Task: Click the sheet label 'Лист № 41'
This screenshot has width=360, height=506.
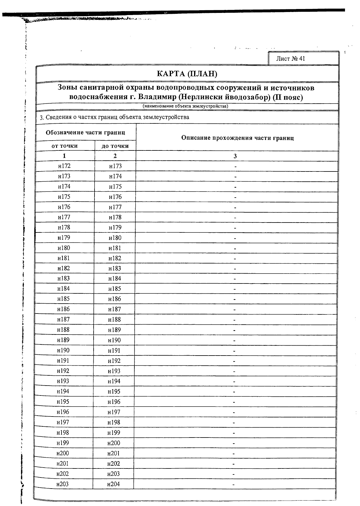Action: (x=290, y=59)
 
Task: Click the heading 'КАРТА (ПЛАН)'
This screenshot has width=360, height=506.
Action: (x=187, y=74)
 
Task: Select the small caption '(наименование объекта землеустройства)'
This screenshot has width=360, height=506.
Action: (x=185, y=106)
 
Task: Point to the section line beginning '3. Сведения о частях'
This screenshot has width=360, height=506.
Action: (x=114, y=117)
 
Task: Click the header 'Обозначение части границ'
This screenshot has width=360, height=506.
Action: (x=85, y=132)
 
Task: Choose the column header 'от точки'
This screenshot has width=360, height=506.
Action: (x=64, y=146)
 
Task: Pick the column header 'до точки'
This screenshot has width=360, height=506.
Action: (x=115, y=146)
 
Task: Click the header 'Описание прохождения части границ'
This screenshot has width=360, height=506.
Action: (x=237, y=138)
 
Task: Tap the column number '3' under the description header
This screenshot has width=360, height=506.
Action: (x=235, y=156)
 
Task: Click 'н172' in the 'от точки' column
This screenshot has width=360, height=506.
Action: (x=64, y=166)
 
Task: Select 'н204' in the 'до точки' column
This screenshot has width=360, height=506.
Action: (x=113, y=484)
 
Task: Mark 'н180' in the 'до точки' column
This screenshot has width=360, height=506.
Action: (x=115, y=238)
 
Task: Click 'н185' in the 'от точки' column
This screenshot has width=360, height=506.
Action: (x=64, y=299)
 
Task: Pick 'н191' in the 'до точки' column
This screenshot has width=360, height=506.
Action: (x=114, y=350)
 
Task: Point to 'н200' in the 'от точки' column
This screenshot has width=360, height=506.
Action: (x=62, y=453)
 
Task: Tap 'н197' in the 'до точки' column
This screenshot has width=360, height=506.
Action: (x=114, y=412)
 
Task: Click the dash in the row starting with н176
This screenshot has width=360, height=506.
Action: (x=235, y=208)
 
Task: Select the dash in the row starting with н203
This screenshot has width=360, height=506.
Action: (x=233, y=484)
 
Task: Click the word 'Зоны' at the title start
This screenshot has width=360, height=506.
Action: (x=67, y=88)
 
